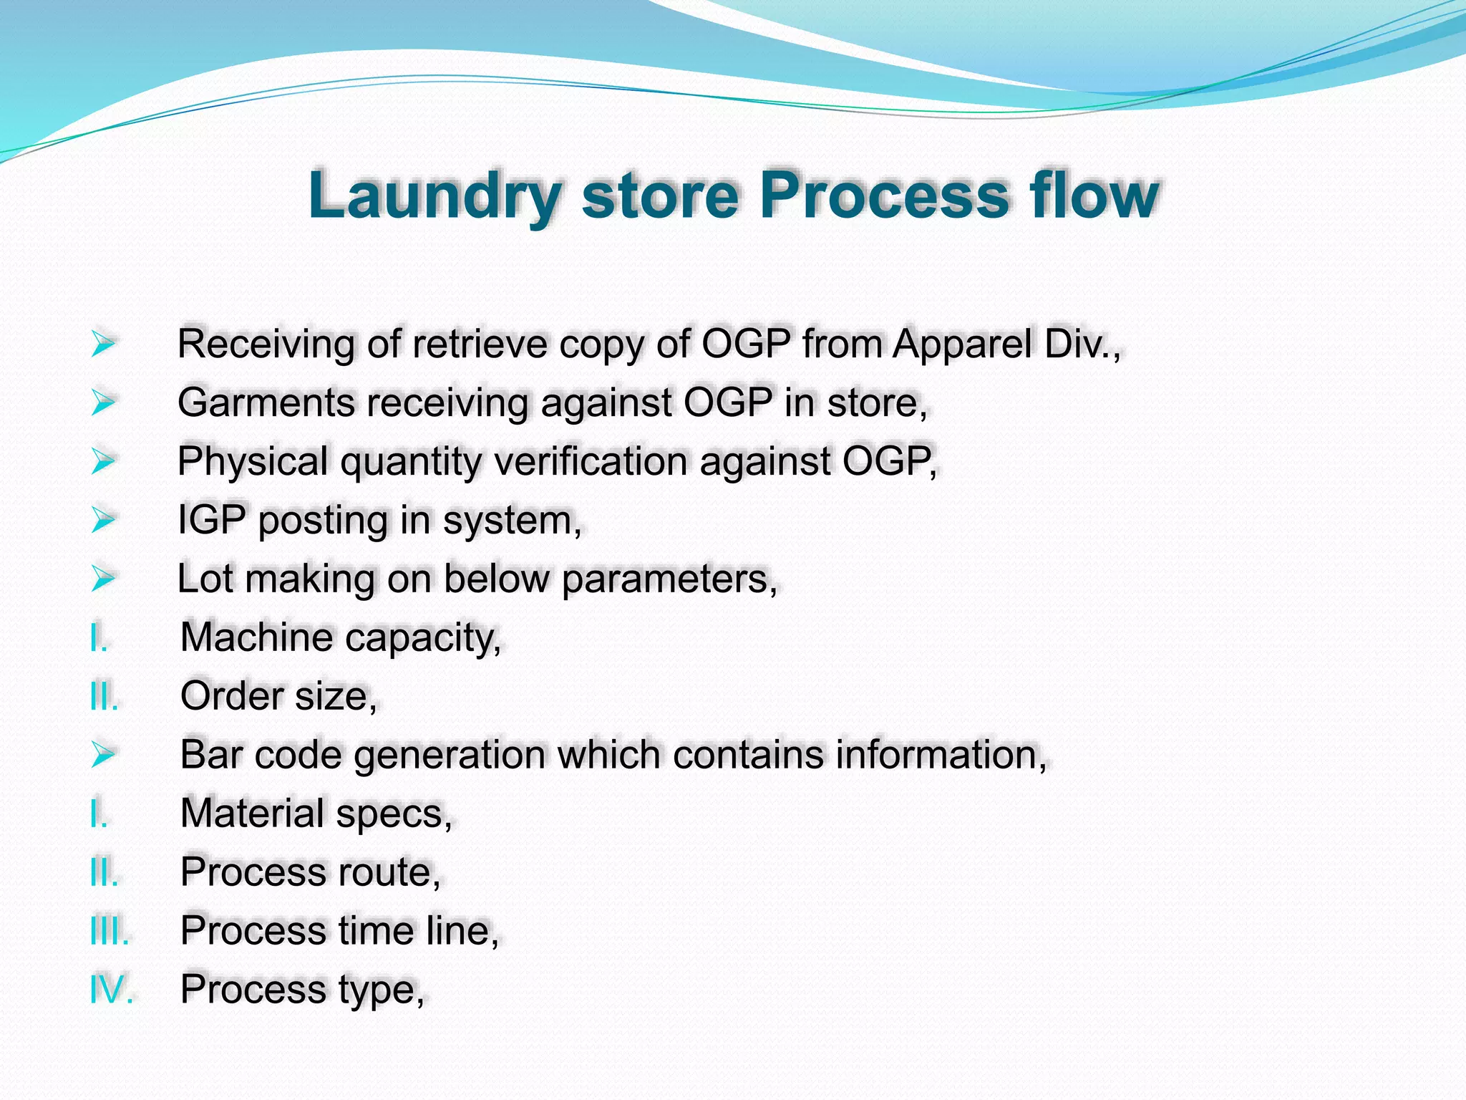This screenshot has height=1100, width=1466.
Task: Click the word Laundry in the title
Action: pos(435,196)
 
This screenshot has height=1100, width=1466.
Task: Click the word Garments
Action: pos(266,402)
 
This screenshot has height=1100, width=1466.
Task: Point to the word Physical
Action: pos(253,461)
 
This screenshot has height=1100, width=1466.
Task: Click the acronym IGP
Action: pos(212,520)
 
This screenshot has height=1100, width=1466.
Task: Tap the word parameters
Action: pos(669,579)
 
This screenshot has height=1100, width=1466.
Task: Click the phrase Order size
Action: pos(278,696)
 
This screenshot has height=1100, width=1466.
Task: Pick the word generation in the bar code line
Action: pos(450,755)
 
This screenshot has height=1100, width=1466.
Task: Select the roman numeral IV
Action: pos(111,990)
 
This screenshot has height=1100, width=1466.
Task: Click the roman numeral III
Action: pos(110,931)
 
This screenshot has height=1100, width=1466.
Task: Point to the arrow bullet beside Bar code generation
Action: pos(103,754)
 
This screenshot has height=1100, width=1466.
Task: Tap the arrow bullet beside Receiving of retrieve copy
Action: pos(103,344)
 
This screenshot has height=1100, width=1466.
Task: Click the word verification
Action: pos(591,461)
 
